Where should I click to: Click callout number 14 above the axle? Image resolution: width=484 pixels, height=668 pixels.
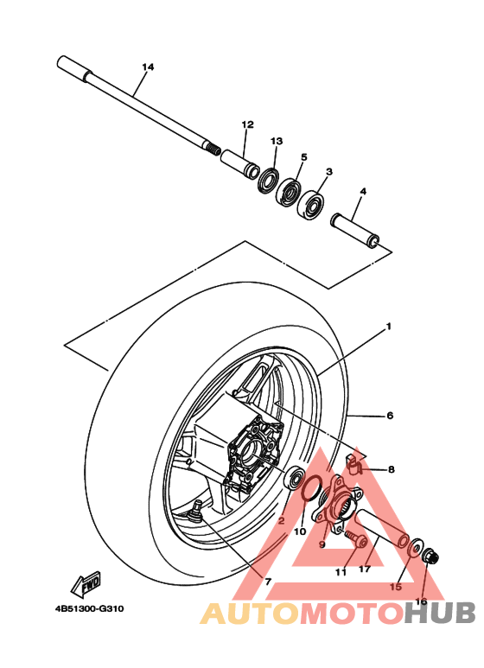147,67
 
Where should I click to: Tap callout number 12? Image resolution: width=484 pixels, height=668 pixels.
247,124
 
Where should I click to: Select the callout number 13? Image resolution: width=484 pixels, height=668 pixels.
277,141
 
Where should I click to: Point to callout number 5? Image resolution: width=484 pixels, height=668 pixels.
304,157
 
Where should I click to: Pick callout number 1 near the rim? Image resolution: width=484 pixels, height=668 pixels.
389,327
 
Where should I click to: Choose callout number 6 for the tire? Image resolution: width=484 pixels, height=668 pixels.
390,416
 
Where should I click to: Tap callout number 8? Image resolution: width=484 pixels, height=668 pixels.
391,469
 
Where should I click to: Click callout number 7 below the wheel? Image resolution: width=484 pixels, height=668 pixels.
268,582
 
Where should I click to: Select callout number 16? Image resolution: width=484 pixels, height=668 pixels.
422,601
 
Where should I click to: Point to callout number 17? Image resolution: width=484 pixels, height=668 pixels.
365,569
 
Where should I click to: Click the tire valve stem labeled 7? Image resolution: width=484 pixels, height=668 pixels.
198,509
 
